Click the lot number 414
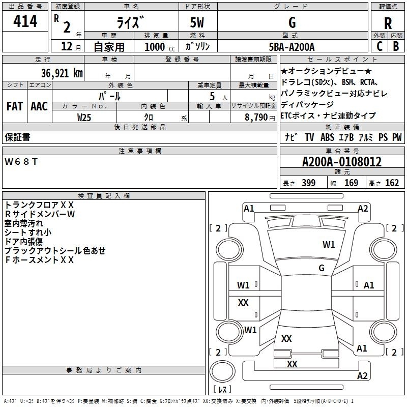25,21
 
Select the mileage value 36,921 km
62,73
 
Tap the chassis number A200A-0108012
342,162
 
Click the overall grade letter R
388,23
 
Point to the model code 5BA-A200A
292,47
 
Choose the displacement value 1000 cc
160,47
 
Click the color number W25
84,118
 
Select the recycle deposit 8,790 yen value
260,118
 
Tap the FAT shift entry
15,106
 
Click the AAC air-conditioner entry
39,106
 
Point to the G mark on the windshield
322,268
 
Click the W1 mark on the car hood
329,245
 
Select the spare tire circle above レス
222,371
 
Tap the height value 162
392,183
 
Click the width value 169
351,183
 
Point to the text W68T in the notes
21,162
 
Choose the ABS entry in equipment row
327,137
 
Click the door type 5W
197,22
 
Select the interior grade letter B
396,46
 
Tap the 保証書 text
17,137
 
